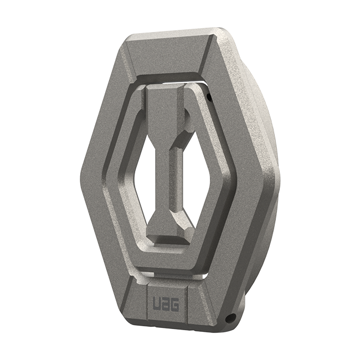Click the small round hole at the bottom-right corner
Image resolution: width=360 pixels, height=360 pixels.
[232, 318]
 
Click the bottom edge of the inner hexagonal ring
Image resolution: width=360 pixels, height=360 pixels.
[166, 265]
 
